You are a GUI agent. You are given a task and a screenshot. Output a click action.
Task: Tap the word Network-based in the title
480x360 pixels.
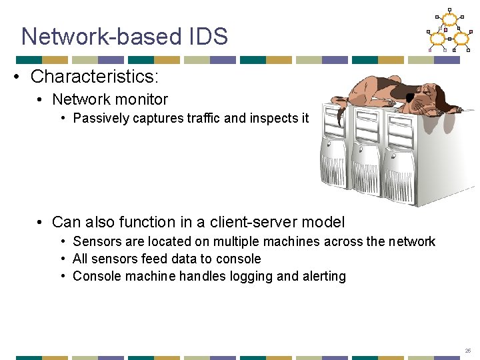(99, 36)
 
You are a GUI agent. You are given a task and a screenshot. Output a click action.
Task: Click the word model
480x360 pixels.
(324, 222)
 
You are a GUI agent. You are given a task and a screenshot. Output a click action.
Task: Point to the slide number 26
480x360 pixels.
(467, 351)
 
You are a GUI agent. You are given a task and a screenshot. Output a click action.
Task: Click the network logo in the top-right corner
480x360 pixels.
(449, 31)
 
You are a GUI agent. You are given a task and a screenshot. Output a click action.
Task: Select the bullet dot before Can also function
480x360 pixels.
(41, 222)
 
